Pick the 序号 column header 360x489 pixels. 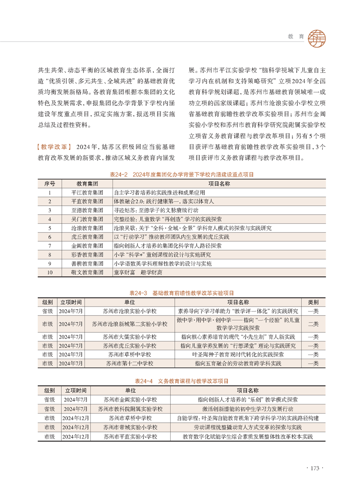[49, 183]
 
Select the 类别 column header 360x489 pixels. [313, 302]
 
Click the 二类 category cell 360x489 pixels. [313, 324]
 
